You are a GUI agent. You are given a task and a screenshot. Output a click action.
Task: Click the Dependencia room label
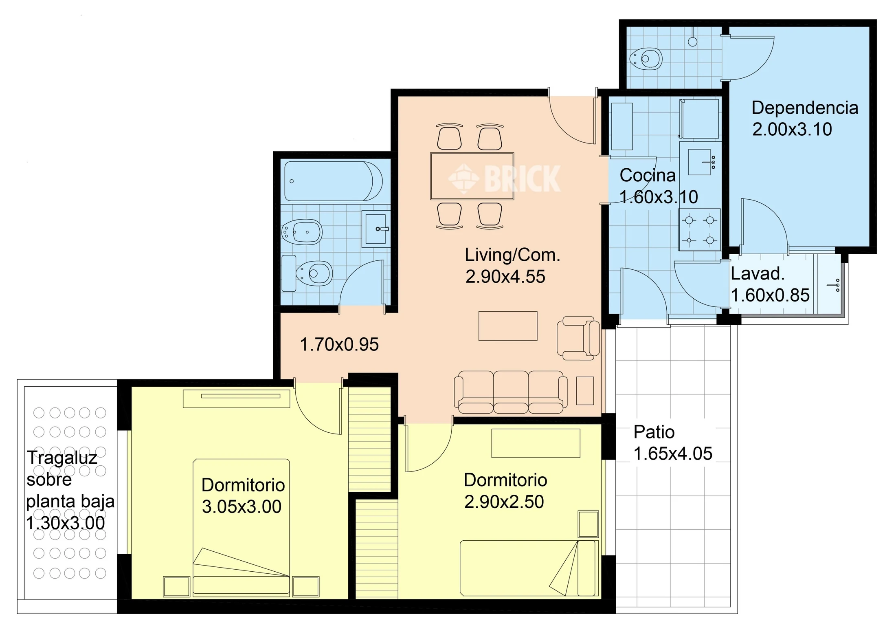click(x=805, y=108)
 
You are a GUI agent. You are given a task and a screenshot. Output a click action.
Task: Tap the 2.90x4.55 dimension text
click(x=505, y=277)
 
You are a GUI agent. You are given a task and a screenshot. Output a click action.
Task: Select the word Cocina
click(x=648, y=176)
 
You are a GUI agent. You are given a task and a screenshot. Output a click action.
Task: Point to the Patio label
click(x=654, y=432)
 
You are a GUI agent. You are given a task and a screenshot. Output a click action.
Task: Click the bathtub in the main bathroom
click(x=333, y=181)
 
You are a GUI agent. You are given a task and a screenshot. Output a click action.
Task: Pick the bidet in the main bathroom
click(x=302, y=232)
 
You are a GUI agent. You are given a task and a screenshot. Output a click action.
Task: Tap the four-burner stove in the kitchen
click(x=699, y=229)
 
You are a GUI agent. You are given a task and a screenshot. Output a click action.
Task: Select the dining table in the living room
click(x=472, y=176)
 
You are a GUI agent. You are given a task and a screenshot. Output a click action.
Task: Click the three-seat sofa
click(x=511, y=392)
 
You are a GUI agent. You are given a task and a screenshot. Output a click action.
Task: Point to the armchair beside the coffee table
click(x=578, y=338)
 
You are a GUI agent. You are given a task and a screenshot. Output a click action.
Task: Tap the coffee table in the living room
click(x=508, y=326)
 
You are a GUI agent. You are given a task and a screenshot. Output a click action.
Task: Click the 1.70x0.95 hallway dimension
click(x=339, y=345)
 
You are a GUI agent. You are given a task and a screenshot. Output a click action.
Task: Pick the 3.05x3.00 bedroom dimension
click(x=242, y=507)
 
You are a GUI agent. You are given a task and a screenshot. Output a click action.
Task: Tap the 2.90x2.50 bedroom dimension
click(x=504, y=502)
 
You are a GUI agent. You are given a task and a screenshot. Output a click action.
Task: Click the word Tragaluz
click(x=62, y=458)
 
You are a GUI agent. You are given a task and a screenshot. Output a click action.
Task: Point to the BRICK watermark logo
click(x=504, y=178)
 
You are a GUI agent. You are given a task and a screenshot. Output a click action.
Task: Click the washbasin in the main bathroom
click(x=376, y=229)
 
